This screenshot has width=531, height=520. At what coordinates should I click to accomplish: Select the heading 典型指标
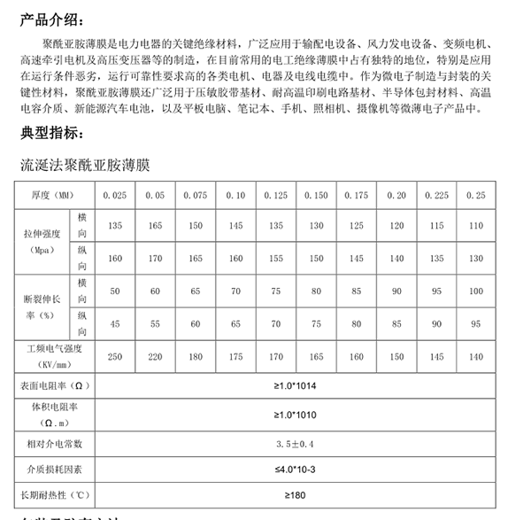54,134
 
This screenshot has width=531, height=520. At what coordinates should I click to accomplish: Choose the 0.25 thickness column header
475,194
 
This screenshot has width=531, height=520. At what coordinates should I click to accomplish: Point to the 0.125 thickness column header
275,194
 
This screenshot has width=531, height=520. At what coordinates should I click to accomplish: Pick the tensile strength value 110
475,226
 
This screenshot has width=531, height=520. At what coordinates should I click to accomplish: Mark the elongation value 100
475,291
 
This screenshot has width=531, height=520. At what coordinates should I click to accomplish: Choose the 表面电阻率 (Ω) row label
50,387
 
